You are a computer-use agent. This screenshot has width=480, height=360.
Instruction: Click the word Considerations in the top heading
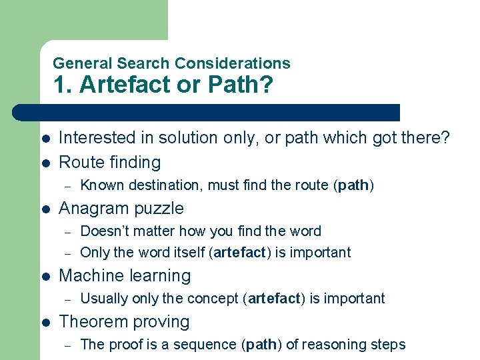[232, 63]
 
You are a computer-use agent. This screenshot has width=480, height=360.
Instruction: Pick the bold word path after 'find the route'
[353, 185]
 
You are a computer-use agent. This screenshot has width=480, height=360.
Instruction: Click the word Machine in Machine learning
[89, 275]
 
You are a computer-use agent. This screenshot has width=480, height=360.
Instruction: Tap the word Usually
[105, 298]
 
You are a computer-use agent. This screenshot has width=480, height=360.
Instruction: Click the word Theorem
[89, 321]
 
